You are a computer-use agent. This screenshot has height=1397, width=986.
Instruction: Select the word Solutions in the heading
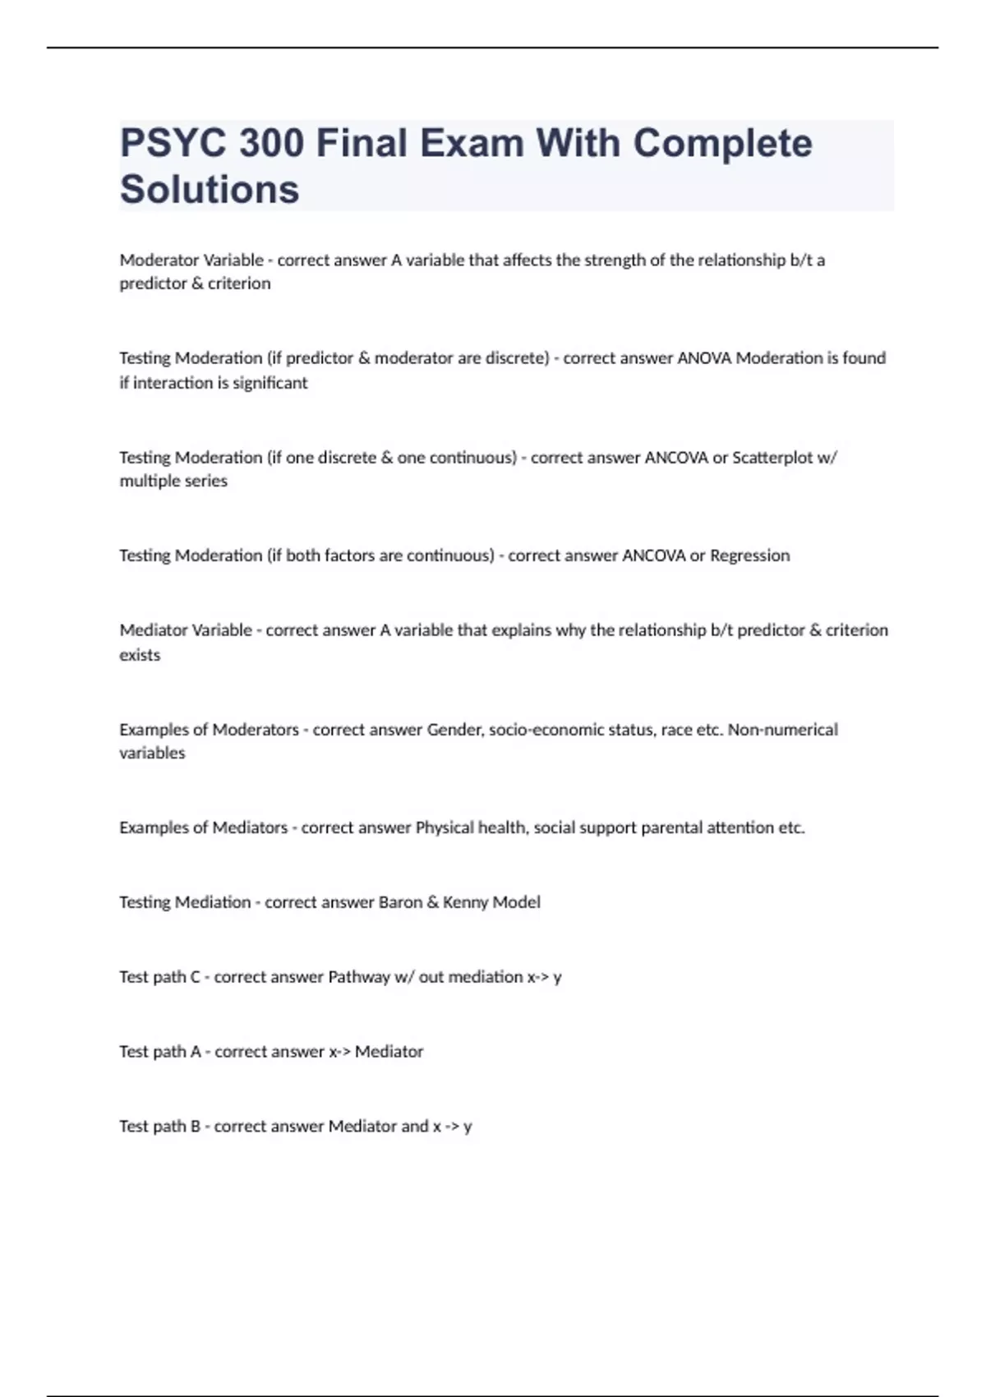(210, 189)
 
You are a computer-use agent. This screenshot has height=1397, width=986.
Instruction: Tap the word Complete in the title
(722, 143)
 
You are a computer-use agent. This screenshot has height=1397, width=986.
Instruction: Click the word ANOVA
(704, 358)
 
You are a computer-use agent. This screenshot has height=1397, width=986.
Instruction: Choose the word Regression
(749, 556)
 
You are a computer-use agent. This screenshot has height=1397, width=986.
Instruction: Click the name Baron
(400, 902)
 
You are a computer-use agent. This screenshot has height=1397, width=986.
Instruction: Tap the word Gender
(454, 730)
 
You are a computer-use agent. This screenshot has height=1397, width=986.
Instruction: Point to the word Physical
(446, 828)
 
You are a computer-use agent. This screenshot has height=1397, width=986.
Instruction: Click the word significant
(270, 383)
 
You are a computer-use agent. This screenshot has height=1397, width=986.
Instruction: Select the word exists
(140, 655)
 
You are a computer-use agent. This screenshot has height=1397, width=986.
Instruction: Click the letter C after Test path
(195, 977)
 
